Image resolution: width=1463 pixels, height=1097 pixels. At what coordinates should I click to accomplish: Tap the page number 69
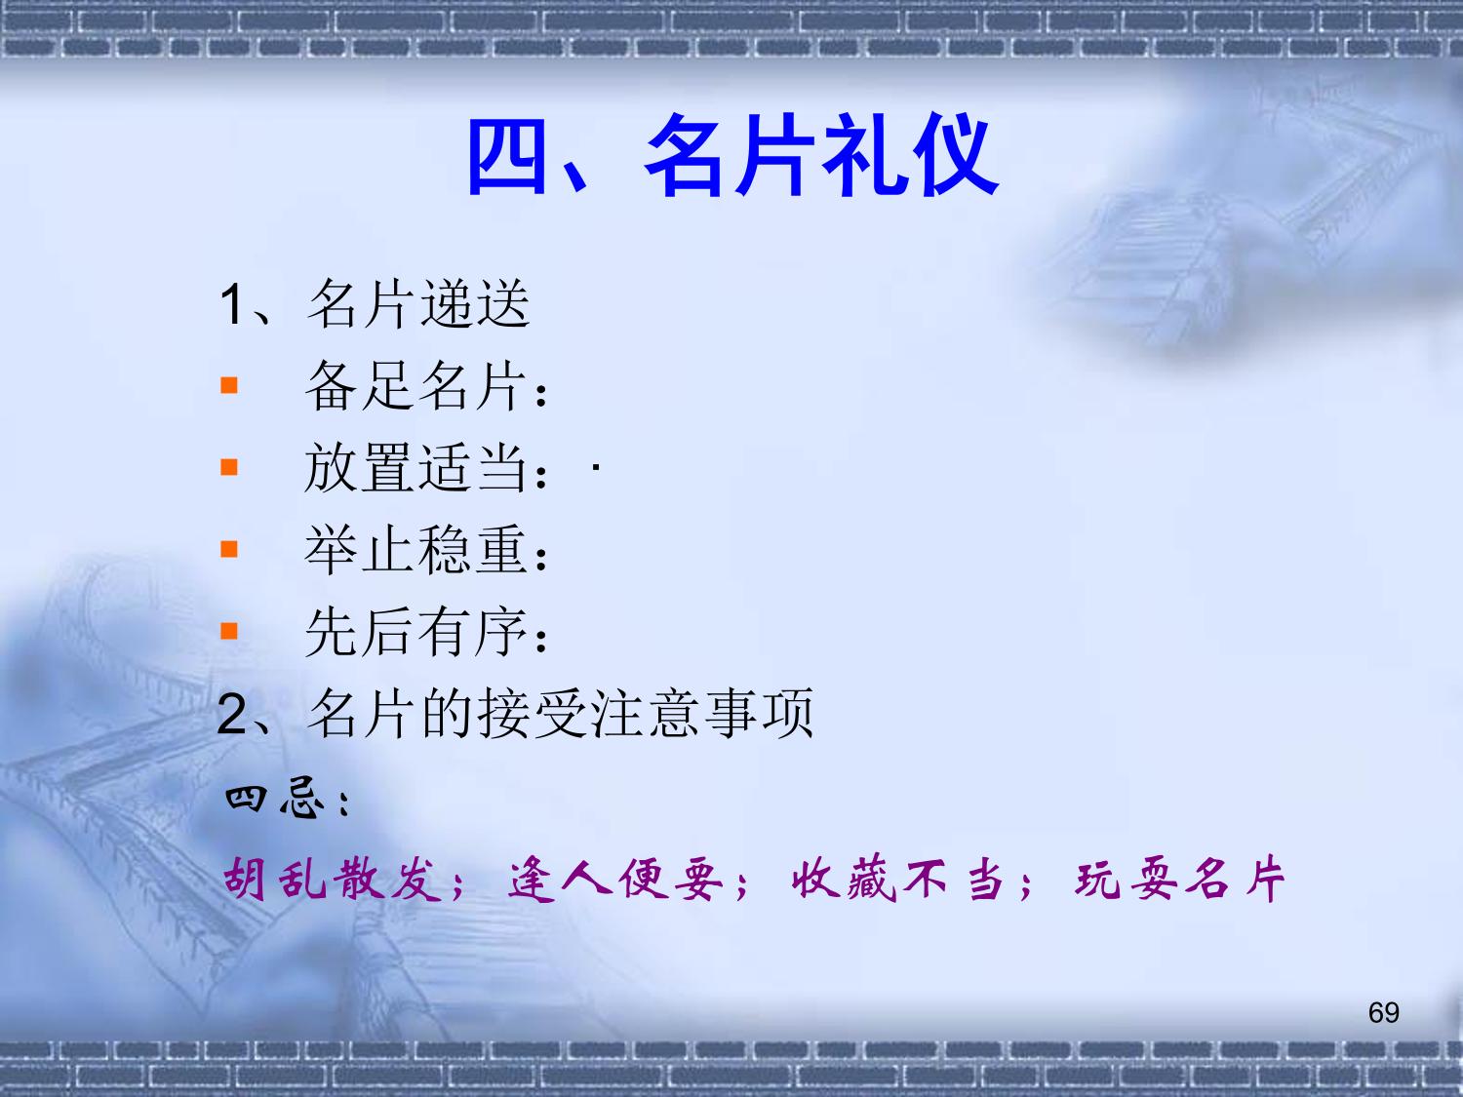tap(1384, 1013)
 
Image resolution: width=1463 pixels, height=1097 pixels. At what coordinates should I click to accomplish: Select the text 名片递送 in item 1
tap(418, 303)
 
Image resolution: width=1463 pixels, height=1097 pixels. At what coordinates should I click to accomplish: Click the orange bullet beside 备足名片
tap(228, 385)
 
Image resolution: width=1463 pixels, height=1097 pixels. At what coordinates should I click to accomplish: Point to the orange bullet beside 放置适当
tap(228, 468)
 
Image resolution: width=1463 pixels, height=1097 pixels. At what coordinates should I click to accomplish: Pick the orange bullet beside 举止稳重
tap(228, 549)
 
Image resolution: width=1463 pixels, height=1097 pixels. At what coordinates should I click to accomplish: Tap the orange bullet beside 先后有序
tap(228, 631)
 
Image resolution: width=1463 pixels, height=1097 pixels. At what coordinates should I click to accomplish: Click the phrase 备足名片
tap(415, 385)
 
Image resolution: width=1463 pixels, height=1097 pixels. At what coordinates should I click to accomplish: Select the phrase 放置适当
tap(415, 468)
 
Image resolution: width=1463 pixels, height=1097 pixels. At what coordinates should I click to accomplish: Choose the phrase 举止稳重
tap(415, 549)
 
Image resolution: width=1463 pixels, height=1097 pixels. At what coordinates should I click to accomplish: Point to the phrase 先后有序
tap(415, 631)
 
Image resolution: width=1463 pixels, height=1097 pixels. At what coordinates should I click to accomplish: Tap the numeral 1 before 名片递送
tap(231, 305)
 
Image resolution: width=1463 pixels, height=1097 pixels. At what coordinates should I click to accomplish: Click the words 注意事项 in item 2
tap(702, 714)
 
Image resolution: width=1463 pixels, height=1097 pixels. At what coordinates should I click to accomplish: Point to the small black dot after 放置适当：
tap(596, 468)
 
